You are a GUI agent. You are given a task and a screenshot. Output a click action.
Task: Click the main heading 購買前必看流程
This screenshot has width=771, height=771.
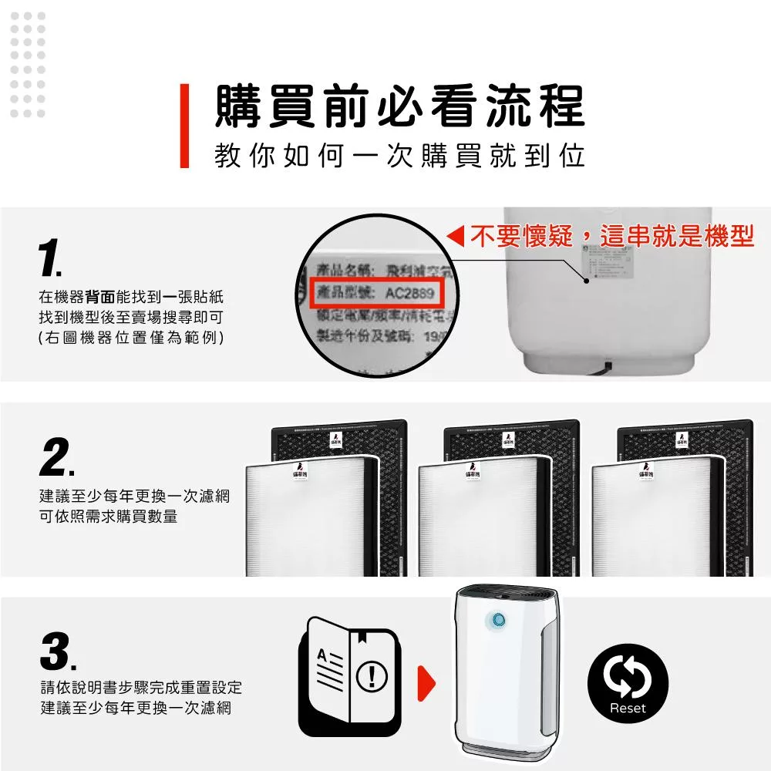[x=399, y=106]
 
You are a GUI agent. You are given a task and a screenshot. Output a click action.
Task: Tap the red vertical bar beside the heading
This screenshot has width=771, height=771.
[x=184, y=126]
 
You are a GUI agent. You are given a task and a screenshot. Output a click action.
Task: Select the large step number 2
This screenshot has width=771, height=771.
[x=56, y=460]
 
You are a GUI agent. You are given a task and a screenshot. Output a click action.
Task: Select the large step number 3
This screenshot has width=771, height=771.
[x=56, y=654]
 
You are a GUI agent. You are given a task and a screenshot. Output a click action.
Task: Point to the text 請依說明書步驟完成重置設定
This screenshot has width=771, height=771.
[x=141, y=687]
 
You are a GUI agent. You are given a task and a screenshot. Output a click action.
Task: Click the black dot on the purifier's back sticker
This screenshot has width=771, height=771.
[x=587, y=281]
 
